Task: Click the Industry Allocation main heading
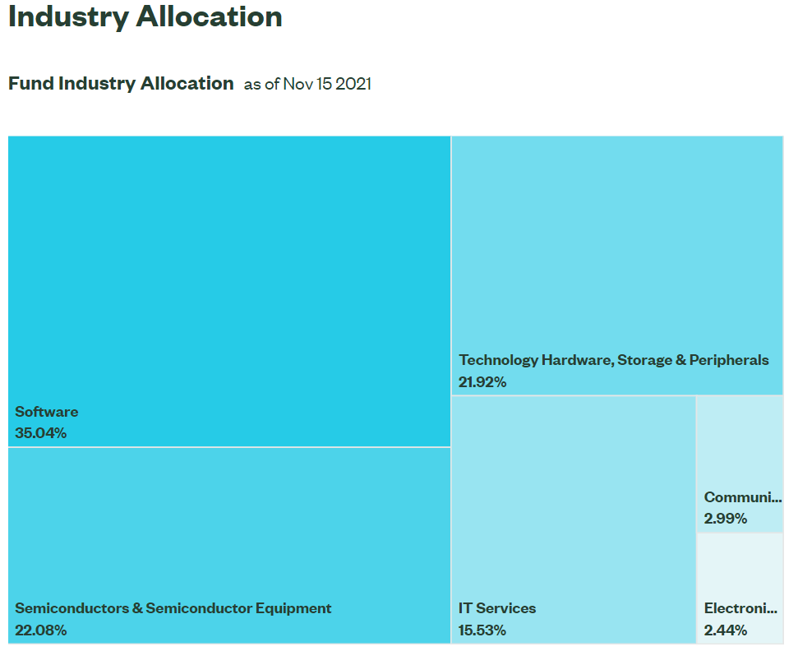(145, 17)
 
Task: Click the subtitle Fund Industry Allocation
(121, 83)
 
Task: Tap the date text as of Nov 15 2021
(307, 84)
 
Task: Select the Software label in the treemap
(47, 412)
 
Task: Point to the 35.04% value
(41, 433)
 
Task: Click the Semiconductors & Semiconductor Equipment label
(173, 608)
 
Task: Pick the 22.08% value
(41, 630)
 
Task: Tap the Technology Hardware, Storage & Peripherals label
(614, 360)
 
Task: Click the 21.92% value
(482, 382)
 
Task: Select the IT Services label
(497, 608)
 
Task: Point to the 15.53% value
(482, 630)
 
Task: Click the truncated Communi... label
(742, 497)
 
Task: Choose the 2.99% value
(726, 519)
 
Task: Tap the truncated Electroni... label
(740, 608)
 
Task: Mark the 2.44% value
(726, 630)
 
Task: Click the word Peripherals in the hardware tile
(729, 360)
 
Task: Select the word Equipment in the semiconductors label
(293, 608)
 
